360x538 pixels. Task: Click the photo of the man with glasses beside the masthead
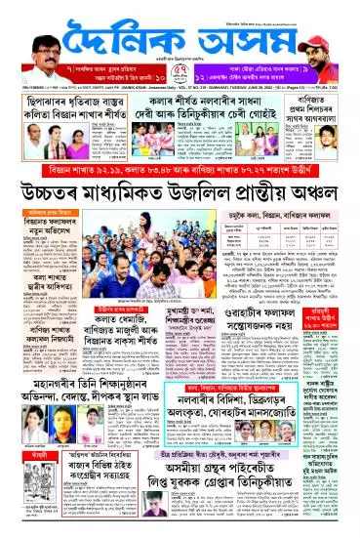33,35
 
